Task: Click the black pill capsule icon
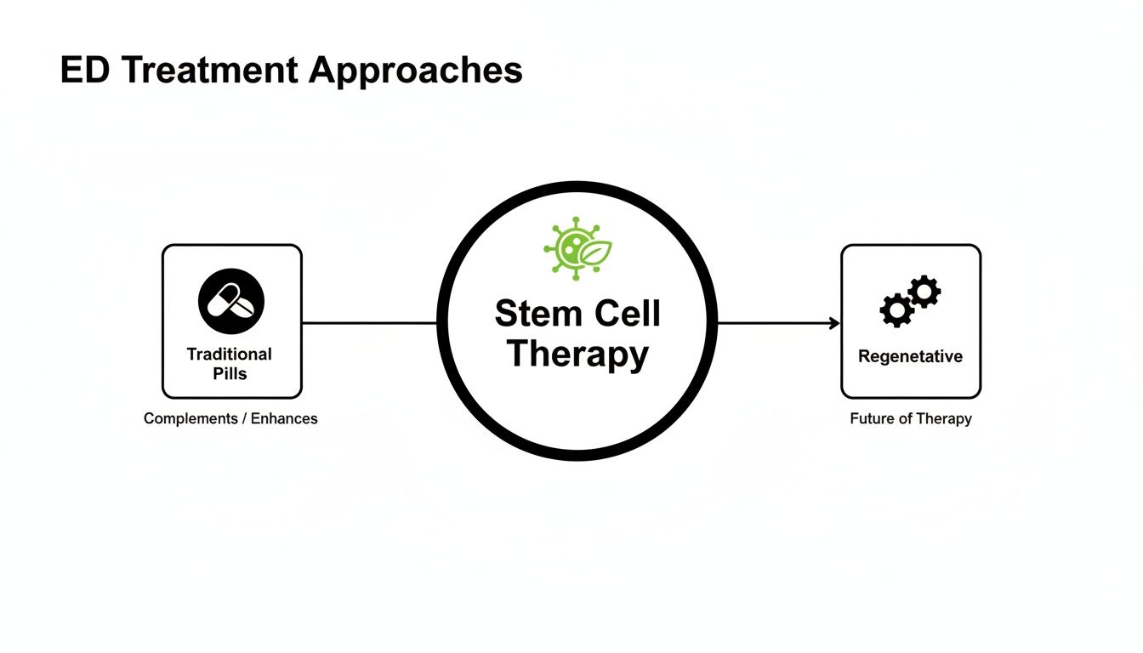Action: pyautogui.click(x=231, y=302)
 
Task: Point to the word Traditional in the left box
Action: pyautogui.click(x=230, y=355)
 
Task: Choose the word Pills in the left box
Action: pyautogui.click(x=230, y=373)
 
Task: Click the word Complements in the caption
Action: pyautogui.click(x=190, y=418)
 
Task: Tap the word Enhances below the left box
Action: pyautogui.click(x=284, y=418)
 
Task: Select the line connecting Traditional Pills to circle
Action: pyautogui.click(x=370, y=323)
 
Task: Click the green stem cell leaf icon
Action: pyautogui.click(x=577, y=248)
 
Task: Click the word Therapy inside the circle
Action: pyautogui.click(x=577, y=353)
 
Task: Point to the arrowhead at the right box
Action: pyautogui.click(x=835, y=323)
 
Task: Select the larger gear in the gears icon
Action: pyautogui.click(x=896, y=310)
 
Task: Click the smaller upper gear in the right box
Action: pyautogui.click(x=924, y=292)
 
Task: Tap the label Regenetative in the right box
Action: pyautogui.click(x=910, y=356)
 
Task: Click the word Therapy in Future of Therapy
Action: pyautogui.click(x=943, y=418)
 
